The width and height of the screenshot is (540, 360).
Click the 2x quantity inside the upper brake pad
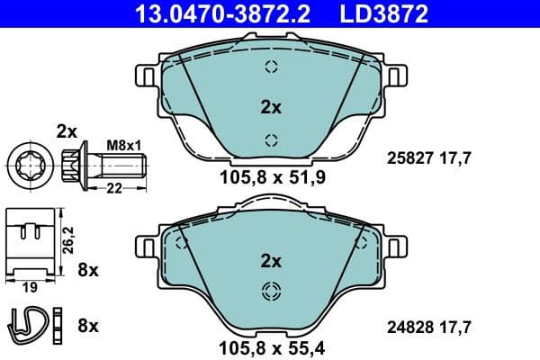(x=271, y=107)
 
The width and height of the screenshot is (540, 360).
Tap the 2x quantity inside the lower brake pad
(x=271, y=262)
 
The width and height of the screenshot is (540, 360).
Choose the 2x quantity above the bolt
(x=67, y=130)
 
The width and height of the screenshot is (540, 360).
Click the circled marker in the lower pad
(x=270, y=291)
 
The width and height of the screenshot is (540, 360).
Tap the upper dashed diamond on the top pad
(x=271, y=65)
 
